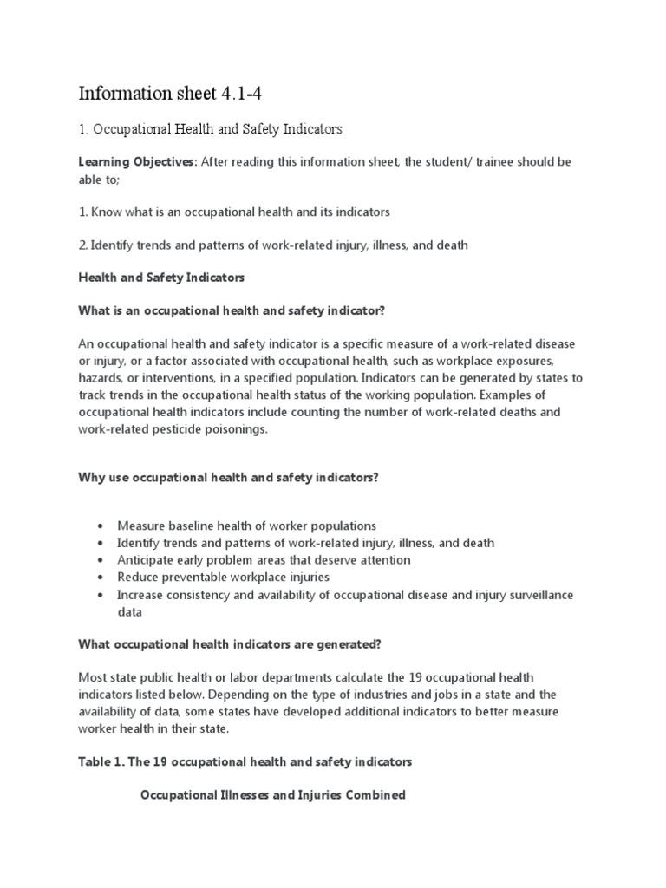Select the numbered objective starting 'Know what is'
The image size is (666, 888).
coord(234,212)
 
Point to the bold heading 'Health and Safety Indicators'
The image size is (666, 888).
coord(162,277)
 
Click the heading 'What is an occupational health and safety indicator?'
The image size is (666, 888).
coord(234,310)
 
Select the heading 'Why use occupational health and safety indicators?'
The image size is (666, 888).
coord(229,477)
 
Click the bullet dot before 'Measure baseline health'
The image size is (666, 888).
coord(101,526)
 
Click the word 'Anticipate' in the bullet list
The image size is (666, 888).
coord(148,560)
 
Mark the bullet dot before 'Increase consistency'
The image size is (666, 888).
coord(101,595)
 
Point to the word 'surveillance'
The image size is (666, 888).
coord(537,594)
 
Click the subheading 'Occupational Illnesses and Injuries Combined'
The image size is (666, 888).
coord(273,794)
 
